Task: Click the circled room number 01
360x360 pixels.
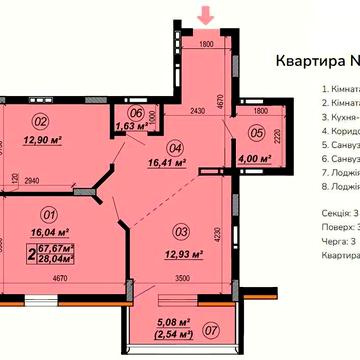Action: click(45, 212)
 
